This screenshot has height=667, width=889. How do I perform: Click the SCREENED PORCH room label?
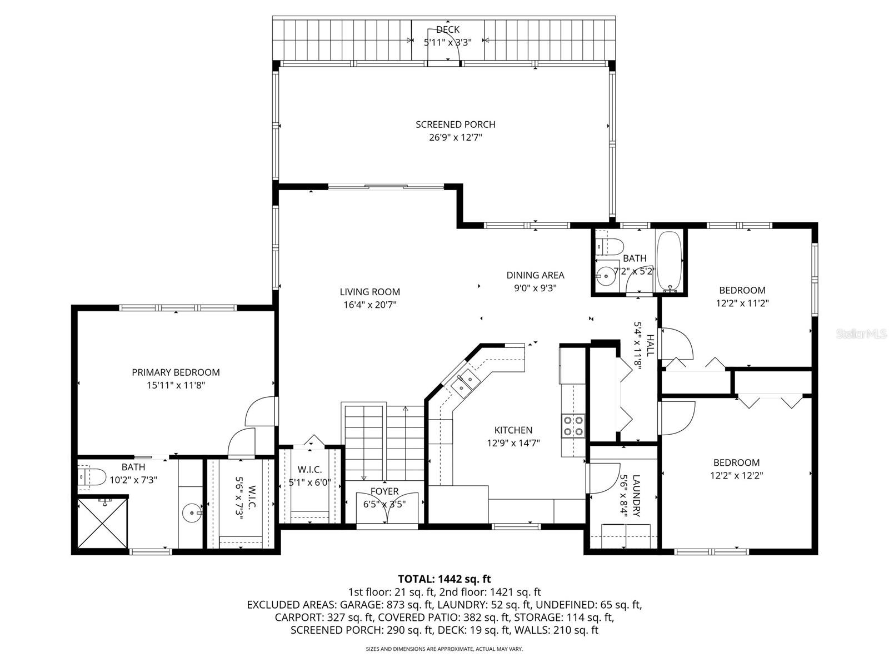click(x=455, y=125)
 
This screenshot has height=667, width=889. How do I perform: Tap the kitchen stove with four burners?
click(x=573, y=425)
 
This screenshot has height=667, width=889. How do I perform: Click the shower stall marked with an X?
click(x=102, y=522)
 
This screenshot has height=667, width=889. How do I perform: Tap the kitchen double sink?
click(x=466, y=383)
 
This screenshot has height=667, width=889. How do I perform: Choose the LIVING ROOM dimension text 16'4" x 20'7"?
click(x=369, y=305)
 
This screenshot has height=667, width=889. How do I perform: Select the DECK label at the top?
click(x=447, y=29)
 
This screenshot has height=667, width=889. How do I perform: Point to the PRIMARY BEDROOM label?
click(x=176, y=372)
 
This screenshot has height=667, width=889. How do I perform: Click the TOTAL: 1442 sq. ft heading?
click(x=444, y=579)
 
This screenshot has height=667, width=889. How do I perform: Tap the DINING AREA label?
click(x=535, y=275)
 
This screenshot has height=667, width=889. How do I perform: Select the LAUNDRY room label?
click(x=636, y=488)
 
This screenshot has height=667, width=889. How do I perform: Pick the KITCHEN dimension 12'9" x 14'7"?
click(x=513, y=443)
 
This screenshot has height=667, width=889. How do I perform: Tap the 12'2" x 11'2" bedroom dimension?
click(x=742, y=303)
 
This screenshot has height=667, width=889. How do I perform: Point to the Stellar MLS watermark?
click(x=861, y=334)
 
